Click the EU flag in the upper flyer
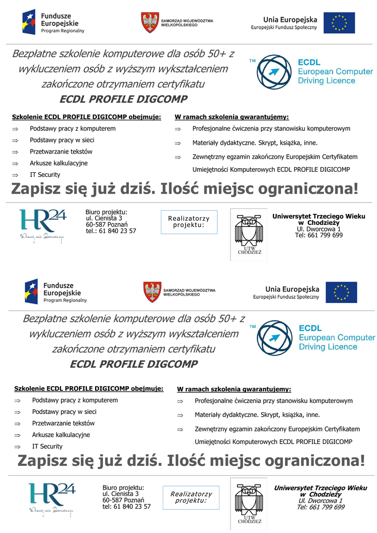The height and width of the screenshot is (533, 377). [339, 23]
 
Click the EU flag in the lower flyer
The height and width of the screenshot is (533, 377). [341, 293]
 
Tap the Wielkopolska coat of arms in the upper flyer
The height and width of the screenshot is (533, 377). [150, 23]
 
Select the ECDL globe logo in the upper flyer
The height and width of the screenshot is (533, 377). [275, 72]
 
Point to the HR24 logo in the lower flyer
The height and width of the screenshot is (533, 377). [52, 498]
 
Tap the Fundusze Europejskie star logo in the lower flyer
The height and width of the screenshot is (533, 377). [31, 292]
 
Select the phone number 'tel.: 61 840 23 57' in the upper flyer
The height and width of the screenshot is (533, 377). [111, 231]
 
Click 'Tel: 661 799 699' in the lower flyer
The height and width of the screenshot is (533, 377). [320, 507]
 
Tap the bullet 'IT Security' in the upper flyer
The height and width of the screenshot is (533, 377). [45, 175]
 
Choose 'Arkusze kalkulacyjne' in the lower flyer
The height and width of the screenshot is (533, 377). [61, 435]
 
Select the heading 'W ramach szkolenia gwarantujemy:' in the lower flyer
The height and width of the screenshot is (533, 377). [234, 389]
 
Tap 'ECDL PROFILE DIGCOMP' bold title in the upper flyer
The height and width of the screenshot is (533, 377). [123, 99]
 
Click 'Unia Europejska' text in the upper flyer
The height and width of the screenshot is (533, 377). [290, 19]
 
